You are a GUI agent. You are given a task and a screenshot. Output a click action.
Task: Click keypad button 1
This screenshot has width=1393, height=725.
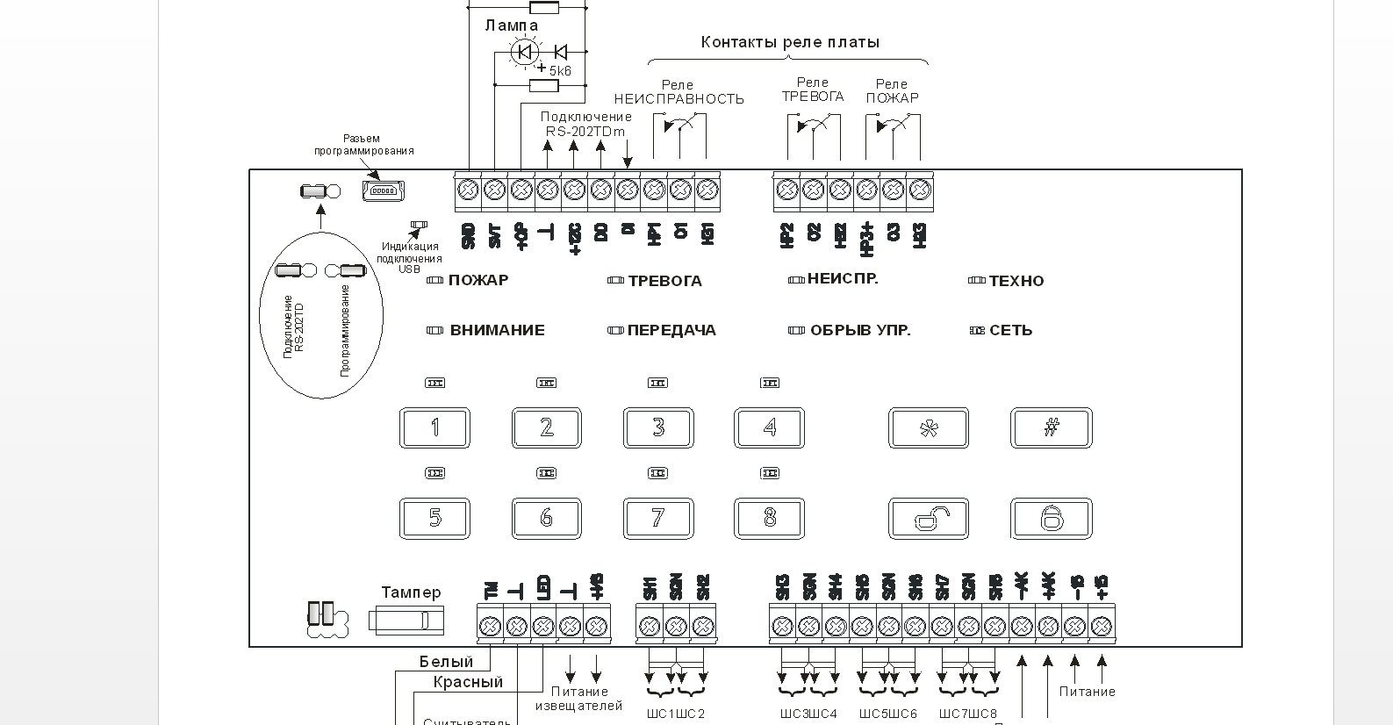point(434,428)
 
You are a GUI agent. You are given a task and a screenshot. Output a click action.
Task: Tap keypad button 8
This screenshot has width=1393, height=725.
point(769,519)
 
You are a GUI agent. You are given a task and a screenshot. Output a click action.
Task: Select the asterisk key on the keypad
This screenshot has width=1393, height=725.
point(929,428)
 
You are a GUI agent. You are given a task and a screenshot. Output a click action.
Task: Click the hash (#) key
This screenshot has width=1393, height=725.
point(1052,428)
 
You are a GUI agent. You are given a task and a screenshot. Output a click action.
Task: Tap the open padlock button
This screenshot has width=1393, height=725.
point(929,519)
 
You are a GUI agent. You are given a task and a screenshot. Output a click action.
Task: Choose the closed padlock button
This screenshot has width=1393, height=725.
point(1052,519)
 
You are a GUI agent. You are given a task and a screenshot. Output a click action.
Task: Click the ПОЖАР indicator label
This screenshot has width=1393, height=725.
point(477,281)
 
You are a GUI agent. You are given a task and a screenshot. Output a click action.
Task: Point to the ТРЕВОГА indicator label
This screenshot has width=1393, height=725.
point(664,282)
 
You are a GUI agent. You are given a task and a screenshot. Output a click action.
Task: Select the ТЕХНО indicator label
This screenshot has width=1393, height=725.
point(1016,282)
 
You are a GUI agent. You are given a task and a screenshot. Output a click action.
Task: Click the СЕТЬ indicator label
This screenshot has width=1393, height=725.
point(1010,331)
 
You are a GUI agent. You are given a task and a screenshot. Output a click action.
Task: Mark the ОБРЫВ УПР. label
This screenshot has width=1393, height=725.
point(859,331)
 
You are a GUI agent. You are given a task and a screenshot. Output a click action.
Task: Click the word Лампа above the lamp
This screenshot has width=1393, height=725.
point(511,25)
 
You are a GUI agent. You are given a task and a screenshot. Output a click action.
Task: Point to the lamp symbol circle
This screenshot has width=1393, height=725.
point(525,53)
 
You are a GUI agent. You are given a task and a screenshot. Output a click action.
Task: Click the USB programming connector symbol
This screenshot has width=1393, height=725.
point(383,190)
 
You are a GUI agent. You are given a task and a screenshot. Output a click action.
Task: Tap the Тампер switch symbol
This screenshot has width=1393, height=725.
point(406,621)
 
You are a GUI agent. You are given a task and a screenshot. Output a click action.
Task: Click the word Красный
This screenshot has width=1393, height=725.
point(468,682)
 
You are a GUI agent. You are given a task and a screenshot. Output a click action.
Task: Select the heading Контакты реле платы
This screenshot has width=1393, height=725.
point(789,42)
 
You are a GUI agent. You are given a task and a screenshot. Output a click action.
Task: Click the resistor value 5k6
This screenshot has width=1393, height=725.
point(560,71)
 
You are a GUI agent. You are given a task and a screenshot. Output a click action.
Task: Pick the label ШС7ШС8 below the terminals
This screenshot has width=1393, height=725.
point(967,714)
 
